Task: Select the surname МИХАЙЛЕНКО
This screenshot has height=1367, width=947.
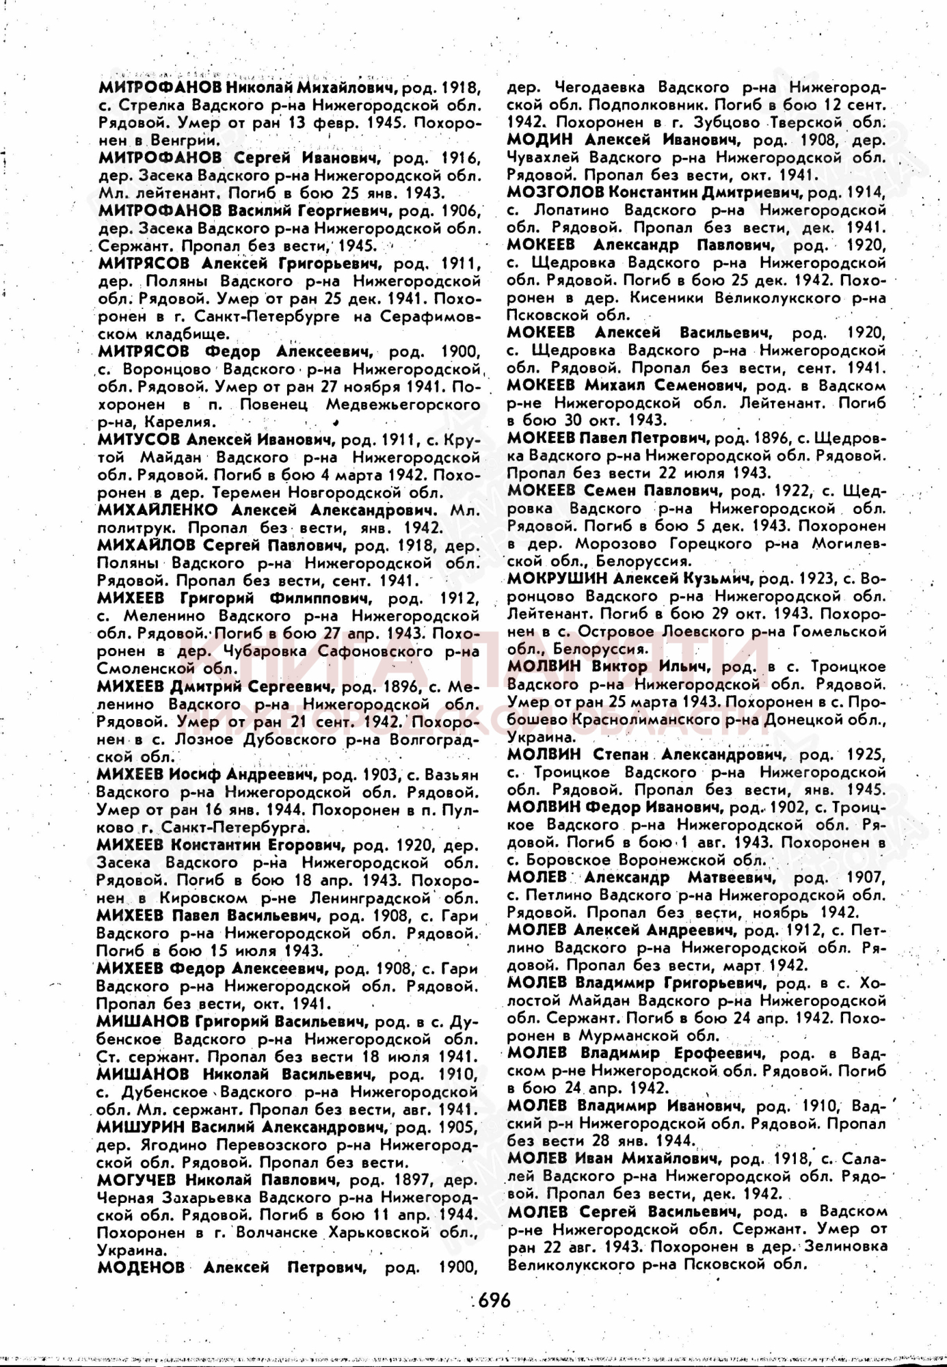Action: coord(157,510)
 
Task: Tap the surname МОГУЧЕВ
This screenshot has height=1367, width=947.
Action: coord(137,1180)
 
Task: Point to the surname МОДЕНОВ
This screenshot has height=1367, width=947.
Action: coord(141,1267)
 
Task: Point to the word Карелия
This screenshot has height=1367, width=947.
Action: coord(185,422)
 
